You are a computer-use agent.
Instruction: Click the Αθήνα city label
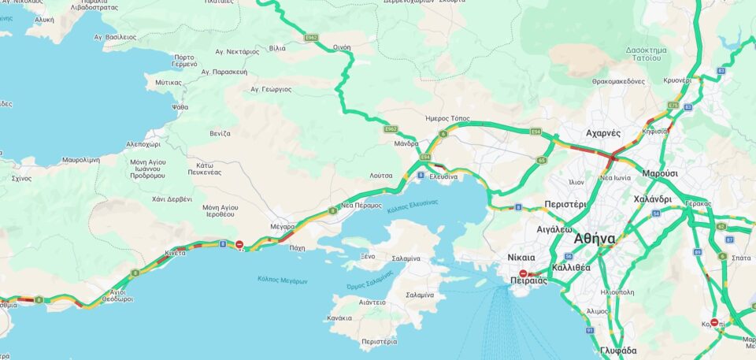[x=595, y=238]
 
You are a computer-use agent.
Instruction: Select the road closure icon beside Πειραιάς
[x=523, y=273]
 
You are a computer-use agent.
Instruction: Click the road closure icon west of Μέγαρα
[x=239, y=245]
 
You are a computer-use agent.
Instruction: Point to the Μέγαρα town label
[x=283, y=226]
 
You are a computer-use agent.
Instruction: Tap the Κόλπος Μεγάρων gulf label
[x=282, y=280]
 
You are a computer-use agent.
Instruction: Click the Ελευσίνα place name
[x=443, y=177]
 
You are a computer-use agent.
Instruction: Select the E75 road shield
[x=673, y=105]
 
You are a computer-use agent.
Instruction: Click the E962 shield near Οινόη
[x=312, y=37]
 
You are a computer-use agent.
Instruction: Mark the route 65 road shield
[x=542, y=160]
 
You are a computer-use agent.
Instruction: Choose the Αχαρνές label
[x=605, y=133]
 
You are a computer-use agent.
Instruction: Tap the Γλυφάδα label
[x=618, y=350]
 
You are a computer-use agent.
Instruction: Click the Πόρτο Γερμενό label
[x=184, y=61]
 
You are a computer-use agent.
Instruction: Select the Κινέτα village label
[x=175, y=253]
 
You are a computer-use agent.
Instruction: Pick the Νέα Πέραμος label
[x=361, y=205]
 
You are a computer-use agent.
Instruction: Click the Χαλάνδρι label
[x=652, y=199]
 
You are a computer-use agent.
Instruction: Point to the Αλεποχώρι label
[x=143, y=145]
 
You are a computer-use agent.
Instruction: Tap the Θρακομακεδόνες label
[x=618, y=81]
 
